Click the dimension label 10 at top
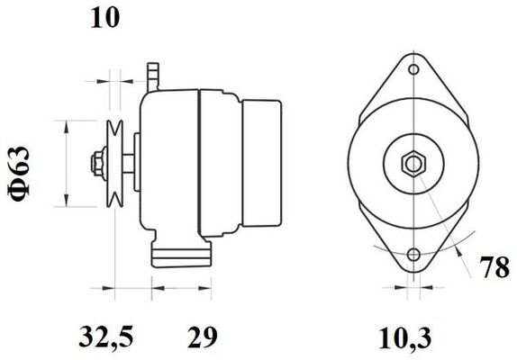pos(104,18)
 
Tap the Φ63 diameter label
pos(19,174)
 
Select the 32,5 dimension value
pos(106,337)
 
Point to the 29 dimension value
pos(203,337)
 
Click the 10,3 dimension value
pos(405,338)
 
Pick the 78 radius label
pos(494,267)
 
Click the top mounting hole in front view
pos(413,69)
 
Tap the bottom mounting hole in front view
pos(413,255)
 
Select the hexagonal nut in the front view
pos(413,164)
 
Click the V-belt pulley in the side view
pos(114,164)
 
